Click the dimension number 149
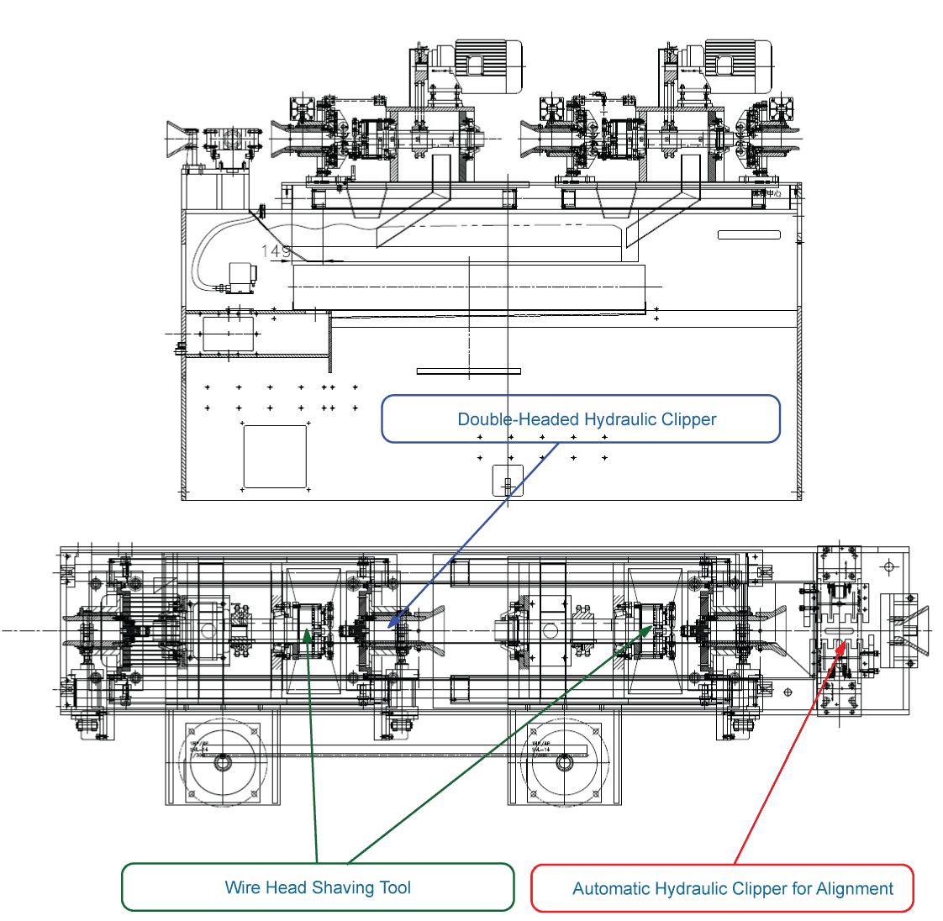(276, 251)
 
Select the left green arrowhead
(308, 633)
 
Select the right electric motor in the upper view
(736, 66)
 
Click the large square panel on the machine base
(275, 456)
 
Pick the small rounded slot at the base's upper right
(749, 235)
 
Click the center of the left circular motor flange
(223, 762)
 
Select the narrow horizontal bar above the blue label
(469, 371)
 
